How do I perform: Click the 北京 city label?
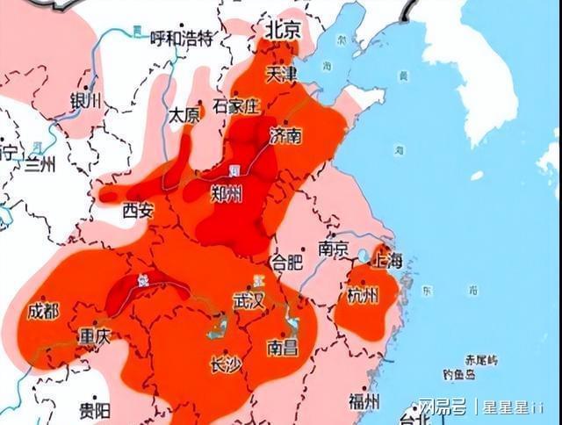click(282, 29)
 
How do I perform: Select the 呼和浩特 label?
click(182, 38)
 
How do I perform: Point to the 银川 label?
click(86, 100)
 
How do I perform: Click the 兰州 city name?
click(40, 162)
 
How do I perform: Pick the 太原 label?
click(184, 115)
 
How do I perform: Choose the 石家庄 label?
click(237, 106)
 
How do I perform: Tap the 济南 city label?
click(286, 135)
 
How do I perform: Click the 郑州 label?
click(227, 194)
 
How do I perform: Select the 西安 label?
click(138, 210)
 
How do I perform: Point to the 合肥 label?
click(287, 262)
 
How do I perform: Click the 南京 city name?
click(335, 249)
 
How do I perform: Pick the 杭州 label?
click(363, 295)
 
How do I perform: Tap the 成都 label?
click(43, 311)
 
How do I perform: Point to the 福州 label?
click(364, 401)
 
